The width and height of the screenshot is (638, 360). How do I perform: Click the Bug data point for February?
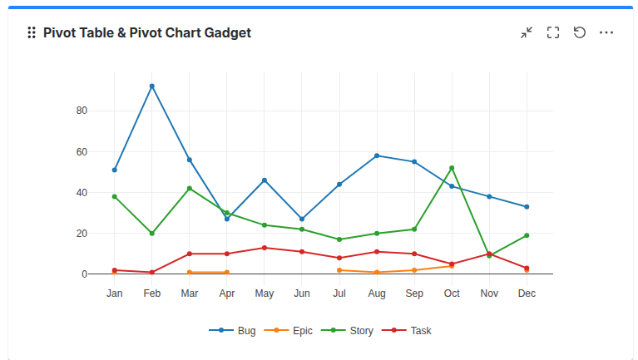coord(152,86)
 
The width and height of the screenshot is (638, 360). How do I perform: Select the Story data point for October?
coord(452,168)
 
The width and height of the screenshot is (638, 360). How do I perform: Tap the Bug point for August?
coord(377,155)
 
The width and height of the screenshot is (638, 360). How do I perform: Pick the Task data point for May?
coord(265,248)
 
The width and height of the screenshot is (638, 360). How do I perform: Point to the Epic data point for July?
coord(339,270)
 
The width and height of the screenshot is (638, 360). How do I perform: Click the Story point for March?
coord(190,189)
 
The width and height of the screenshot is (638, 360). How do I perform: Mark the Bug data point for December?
coord(527,207)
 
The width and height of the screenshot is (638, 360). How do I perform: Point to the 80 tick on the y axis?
coord(82,111)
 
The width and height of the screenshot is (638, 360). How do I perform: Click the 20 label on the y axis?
coord(82,234)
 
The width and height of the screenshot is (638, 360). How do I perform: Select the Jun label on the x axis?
coord(302,293)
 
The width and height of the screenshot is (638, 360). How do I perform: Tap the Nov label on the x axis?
coord(489,293)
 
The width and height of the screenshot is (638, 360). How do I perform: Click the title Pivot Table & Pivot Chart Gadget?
coord(147,32)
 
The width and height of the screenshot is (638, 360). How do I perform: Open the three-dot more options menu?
coord(606,32)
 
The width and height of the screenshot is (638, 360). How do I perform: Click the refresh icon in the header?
coord(580,32)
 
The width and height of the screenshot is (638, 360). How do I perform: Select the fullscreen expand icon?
coord(553,32)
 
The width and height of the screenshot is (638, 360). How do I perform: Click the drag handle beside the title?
coord(32,32)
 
